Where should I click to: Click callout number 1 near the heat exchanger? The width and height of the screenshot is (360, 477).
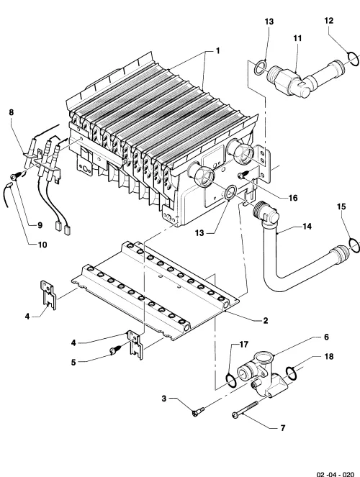click(x=217, y=51)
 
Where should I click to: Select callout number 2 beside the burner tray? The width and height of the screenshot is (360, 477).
click(x=266, y=320)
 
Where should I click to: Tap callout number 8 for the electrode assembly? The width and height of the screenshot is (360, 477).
click(x=12, y=112)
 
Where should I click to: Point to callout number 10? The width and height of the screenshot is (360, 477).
click(x=42, y=245)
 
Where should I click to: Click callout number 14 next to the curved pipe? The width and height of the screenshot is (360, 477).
click(x=307, y=227)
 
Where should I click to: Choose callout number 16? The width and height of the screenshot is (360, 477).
click(x=293, y=198)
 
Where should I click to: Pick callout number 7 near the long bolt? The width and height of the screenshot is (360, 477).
click(x=283, y=428)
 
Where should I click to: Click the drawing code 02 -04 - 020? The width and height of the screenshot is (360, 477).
click(x=336, y=474)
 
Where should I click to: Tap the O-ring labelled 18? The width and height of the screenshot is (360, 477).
click(x=291, y=373)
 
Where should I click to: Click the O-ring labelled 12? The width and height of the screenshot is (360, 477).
click(x=353, y=59)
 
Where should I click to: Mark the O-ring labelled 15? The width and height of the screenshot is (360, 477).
click(x=354, y=245)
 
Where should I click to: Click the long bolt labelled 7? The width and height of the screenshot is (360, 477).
click(x=245, y=410)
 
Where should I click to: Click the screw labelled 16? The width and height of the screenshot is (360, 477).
click(x=244, y=174)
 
